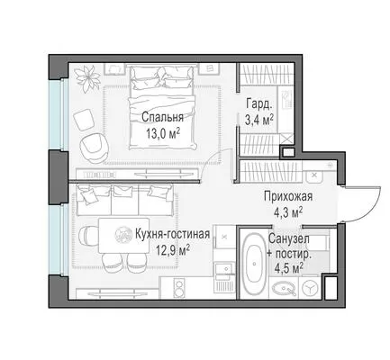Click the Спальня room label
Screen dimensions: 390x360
tap(162, 117)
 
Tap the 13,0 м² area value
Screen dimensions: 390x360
tap(163, 133)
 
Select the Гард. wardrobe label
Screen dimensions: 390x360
tap(259, 104)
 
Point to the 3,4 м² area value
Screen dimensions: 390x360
tap(259, 120)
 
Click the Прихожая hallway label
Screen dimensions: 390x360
tap(288, 196)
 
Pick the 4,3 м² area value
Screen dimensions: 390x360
tap(288, 212)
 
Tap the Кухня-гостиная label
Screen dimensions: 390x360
tap(172, 234)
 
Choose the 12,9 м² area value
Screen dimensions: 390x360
tap(172, 250)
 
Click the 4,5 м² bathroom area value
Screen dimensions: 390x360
tap(288, 268)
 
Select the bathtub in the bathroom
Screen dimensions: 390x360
tap(254, 264)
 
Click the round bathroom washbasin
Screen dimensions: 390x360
tap(284, 289)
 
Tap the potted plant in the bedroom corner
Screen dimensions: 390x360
tap(87, 78)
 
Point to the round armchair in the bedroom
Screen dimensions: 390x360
tap(94, 148)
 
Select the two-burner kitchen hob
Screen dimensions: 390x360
tap(179, 288)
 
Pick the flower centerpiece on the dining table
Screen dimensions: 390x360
tap(123, 235)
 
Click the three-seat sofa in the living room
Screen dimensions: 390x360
tap(125, 200)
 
